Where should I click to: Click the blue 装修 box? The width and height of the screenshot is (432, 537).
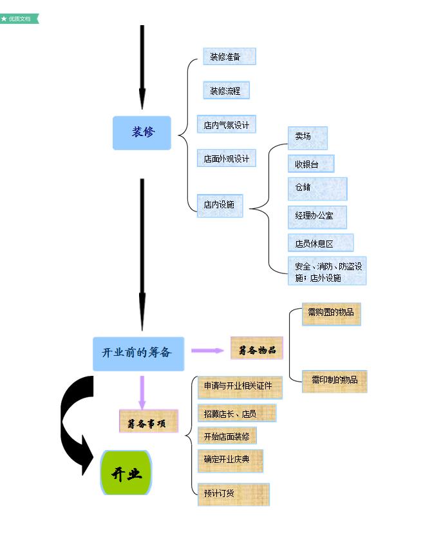142,133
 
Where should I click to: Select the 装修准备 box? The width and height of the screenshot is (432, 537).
229,57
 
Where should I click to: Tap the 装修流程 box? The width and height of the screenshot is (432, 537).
225,91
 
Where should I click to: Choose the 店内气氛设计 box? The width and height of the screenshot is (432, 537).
227,125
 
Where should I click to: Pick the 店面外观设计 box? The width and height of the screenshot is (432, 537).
226,159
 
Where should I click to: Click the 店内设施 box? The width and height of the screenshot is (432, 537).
220,205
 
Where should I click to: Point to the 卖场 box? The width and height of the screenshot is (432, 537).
307,137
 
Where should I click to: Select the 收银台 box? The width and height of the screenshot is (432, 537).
310,164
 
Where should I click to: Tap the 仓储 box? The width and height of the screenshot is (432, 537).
317,188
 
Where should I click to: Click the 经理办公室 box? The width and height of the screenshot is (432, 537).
317,216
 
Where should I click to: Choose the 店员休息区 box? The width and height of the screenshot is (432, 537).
320,244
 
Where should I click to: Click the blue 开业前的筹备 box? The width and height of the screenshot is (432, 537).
138,353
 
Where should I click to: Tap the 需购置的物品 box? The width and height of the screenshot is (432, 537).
331,313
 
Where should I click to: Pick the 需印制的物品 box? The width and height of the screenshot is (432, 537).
334,380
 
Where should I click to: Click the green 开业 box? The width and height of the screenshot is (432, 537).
126,474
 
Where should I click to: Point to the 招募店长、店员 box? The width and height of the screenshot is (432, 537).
236,413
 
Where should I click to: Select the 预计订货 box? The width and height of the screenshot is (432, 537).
232,494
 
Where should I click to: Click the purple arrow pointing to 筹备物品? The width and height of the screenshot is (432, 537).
207,351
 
